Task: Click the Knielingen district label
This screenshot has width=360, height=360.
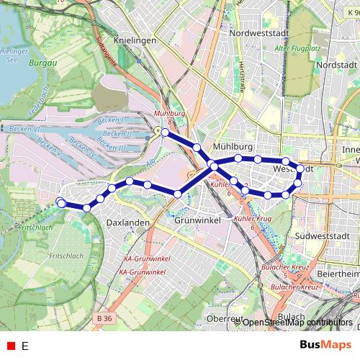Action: [x=135, y=41]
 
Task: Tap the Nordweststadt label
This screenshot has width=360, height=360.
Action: [x=258, y=33]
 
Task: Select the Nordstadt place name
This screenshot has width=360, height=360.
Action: [x=336, y=65]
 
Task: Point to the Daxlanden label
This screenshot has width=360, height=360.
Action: [x=127, y=223]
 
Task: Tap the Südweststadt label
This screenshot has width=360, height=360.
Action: [x=322, y=235]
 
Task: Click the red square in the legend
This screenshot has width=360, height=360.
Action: [x=11, y=346]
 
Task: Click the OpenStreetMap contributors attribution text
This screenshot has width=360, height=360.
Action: [x=297, y=323]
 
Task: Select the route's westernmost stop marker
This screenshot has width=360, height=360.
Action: [x=61, y=203]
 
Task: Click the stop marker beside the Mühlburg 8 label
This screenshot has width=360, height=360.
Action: [x=166, y=132]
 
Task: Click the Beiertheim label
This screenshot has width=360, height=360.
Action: [x=338, y=274]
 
